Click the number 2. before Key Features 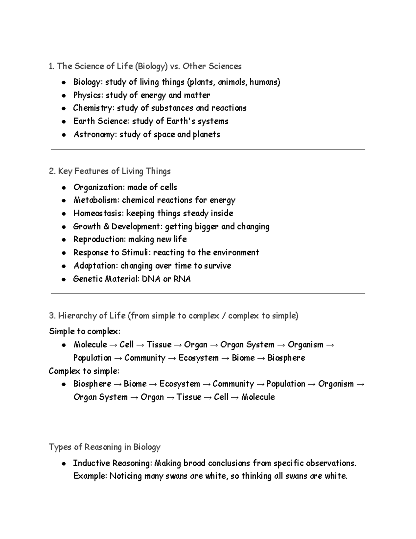coord(52,171)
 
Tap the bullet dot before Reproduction coord(64,240)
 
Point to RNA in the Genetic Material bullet coord(182,279)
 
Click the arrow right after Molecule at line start coord(113,345)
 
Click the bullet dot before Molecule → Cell coord(64,345)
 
